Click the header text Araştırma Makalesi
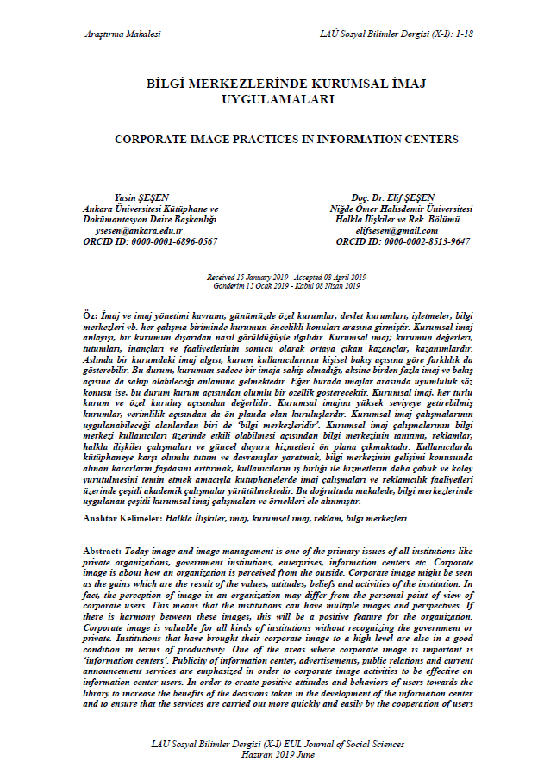click(x=123, y=34)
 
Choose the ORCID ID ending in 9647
click(x=401, y=242)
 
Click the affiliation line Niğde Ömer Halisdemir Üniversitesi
click(x=401, y=209)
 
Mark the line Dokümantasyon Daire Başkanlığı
click(x=150, y=220)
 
